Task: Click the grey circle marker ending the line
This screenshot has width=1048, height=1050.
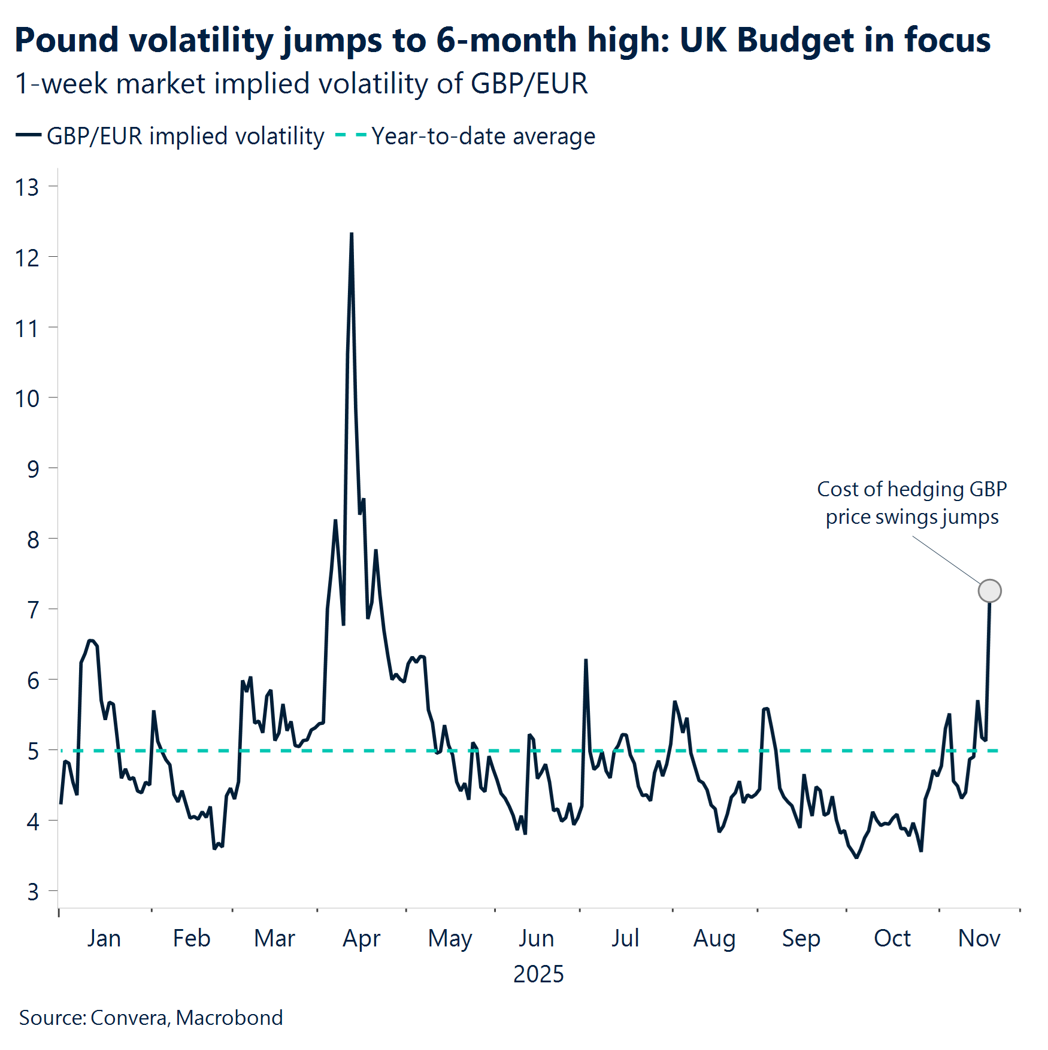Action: [x=989, y=591]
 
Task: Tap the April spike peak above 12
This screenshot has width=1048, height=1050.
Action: [x=352, y=234]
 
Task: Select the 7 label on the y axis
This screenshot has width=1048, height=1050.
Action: [x=33, y=610]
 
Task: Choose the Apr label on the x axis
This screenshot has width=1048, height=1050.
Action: [x=361, y=938]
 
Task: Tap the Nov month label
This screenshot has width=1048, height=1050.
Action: [x=979, y=938]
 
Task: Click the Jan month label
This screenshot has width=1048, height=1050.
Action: [x=104, y=938]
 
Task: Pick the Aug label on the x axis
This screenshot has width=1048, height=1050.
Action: [x=714, y=938]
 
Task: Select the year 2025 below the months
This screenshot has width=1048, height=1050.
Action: [x=538, y=974]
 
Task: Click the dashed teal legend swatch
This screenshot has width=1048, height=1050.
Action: [x=351, y=135]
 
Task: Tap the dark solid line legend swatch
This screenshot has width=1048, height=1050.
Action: [x=28, y=135]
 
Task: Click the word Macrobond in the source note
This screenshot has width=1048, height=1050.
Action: [x=229, y=1018]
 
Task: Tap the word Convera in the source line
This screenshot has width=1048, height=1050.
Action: [x=129, y=1018]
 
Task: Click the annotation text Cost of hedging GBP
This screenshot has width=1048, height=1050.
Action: [x=911, y=489]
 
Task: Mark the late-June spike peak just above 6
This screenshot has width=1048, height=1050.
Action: [x=586, y=660]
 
